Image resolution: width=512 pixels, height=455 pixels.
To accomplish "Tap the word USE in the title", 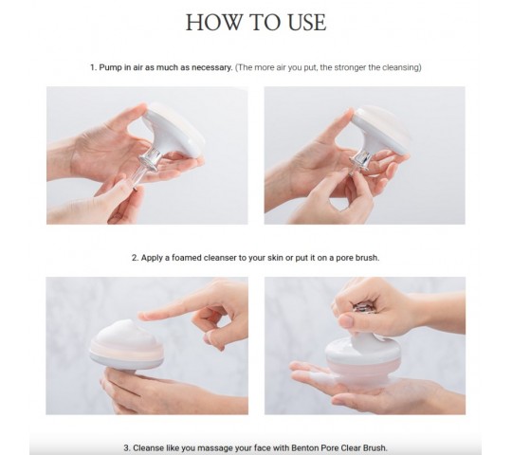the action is pyautogui.click(x=307, y=23).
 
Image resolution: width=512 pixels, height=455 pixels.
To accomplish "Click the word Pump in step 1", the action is pyautogui.click(x=110, y=67).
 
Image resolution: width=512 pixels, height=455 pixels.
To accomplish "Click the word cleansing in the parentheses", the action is pyautogui.click(x=402, y=67).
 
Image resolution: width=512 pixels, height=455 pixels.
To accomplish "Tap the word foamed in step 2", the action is pyautogui.click(x=187, y=258).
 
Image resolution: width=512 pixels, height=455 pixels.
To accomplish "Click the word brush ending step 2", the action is pyautogui.click(x=367, y=258).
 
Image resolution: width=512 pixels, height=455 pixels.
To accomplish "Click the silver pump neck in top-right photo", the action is pyautogui.click(x=361, y=160).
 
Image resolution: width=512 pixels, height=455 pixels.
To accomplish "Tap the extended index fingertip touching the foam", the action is pyautogui.click(x=144, y=316).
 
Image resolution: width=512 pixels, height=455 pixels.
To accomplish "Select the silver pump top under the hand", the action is pyautogui.click(x=363, y=307).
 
